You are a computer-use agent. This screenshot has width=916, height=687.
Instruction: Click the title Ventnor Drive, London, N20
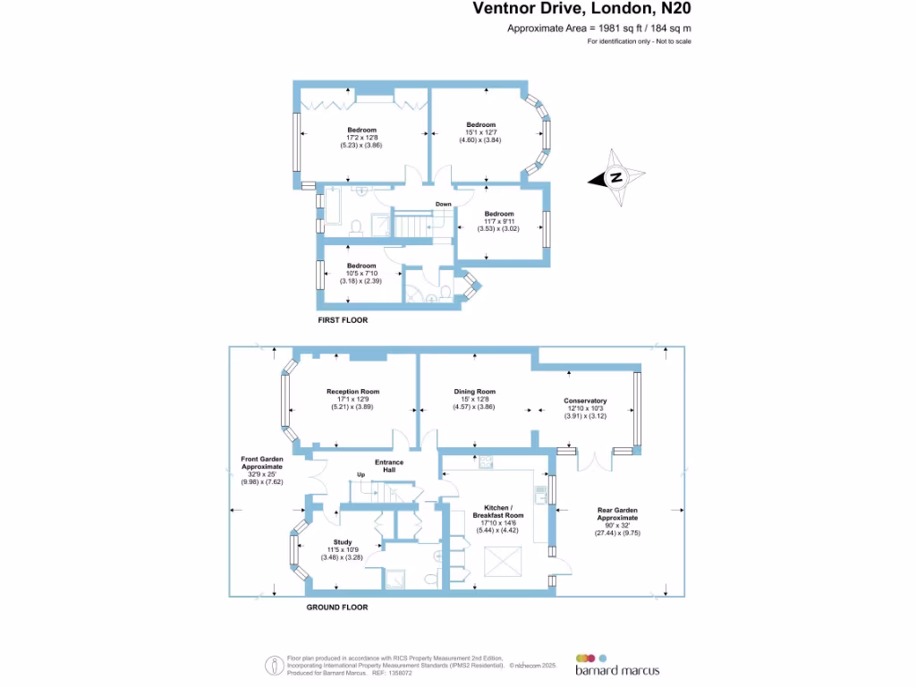click(581, 10)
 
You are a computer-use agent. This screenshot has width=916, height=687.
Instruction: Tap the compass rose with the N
click(616, 178)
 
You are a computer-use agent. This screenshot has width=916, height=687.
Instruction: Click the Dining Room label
click(476, 392)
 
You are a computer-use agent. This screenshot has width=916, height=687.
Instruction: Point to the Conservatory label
click(585, 401)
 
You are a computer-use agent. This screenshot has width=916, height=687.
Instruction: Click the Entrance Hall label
click(389, 466)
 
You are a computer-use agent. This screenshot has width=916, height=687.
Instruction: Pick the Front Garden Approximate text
click(261, 462)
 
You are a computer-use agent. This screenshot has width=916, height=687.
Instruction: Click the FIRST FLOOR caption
click(343, 319)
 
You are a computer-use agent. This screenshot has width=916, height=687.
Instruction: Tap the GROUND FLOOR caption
click(336, 607)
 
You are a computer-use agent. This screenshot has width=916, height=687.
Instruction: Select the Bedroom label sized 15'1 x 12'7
click(480, 125)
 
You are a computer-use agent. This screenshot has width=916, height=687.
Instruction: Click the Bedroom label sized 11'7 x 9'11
click(499, 214)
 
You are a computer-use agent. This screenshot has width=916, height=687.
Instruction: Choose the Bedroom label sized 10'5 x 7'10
click(361, 266)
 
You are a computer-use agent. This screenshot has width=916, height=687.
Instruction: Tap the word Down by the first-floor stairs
click(444, 204)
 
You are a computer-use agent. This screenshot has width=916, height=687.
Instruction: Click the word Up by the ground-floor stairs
click(361, 474)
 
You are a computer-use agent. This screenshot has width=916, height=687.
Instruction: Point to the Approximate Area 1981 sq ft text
click(598, 29)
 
